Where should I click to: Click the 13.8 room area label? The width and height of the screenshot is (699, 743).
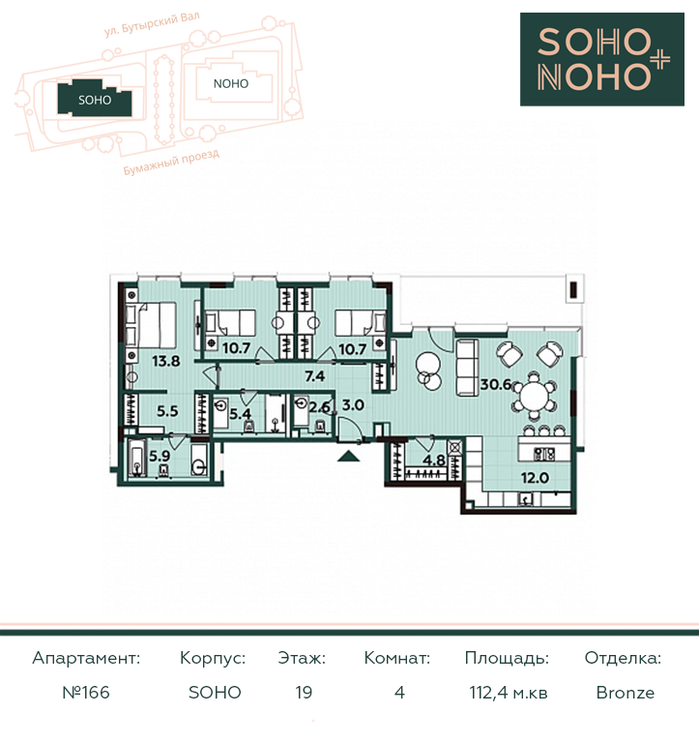pos(165,361)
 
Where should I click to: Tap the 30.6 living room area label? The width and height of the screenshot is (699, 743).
pos(495,384)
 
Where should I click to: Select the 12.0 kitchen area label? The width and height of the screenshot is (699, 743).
pos(535,478)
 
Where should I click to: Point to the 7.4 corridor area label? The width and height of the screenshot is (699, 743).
pos(315,376)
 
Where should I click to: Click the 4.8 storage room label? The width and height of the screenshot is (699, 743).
pos(434,461)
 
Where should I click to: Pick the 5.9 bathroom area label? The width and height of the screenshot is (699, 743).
pos(160,456)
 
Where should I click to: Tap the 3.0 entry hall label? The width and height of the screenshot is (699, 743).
pos(353,405)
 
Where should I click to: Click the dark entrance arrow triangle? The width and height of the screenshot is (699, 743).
pos(349,456)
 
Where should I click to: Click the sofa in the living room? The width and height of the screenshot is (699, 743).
pos(467,368)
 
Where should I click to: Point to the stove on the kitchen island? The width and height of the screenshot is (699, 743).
pos(544,454)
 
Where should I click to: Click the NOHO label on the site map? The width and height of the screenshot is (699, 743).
pos(231,84)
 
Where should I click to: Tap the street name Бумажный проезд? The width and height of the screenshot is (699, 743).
pos(171,163)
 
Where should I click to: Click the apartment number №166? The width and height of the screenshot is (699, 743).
pos(86,693)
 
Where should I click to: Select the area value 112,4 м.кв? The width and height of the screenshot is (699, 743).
pos(509,693)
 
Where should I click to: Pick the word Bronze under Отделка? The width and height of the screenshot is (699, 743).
pos(626,693)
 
